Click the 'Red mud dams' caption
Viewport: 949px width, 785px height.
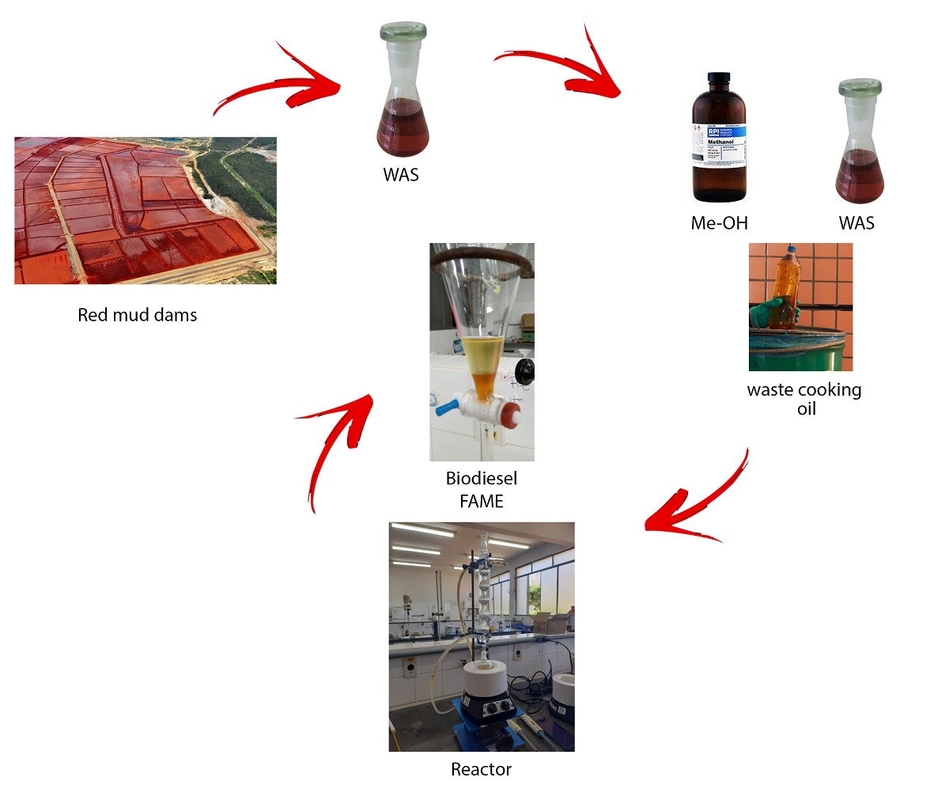point(137,315)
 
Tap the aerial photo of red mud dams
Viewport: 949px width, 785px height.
point(146,210)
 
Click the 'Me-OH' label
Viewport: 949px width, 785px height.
point(719,223)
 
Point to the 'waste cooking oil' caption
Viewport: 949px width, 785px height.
point(804,399)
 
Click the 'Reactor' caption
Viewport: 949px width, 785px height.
point(481,769)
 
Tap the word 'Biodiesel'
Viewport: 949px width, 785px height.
point(481,479)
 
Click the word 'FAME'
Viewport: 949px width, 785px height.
point(481,501)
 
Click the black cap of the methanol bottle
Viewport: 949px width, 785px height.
point(719,78)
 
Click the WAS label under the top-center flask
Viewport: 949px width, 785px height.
point(401,175)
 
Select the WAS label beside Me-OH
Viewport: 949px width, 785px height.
point(856,223)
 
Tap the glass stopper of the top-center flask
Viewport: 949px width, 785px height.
point(403,33)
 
